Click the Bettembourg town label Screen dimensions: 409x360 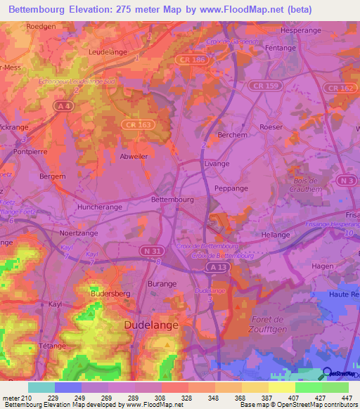172,199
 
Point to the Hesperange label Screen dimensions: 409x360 300,32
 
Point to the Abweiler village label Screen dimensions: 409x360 114,157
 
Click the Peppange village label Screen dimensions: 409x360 231,190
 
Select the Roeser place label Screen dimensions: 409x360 271,127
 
